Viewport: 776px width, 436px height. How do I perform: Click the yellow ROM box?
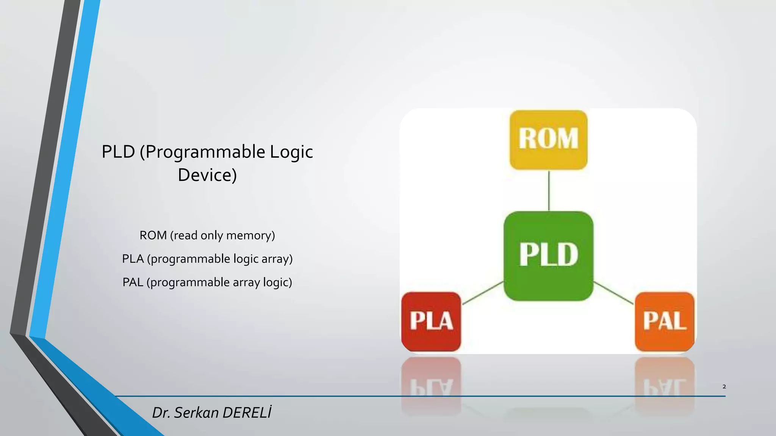tap(548, 140)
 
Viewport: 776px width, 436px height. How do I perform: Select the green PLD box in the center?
tap(548, 256)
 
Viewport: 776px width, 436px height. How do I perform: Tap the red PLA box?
tap(431, 321)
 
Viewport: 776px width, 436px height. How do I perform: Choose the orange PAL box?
tap(665, 321)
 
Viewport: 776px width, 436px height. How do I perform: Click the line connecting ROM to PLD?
tap(549, 190)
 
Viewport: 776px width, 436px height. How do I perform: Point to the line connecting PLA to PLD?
tap(483, 293)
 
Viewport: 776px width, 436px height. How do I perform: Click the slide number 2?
tap(724, 386)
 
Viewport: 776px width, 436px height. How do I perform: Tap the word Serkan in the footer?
tap(197, 413)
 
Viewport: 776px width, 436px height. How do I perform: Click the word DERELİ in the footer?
tap(247, 412)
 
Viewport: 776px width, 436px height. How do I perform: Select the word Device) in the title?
tap(207, 175)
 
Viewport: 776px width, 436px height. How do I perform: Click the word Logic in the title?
tap(291, 152)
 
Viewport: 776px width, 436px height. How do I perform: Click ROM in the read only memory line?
tap(153, 235)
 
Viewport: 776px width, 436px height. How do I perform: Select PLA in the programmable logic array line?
tap(133, 259)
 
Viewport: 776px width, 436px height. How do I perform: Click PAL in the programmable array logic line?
tap(133, 282)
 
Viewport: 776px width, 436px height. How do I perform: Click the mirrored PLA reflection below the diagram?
tap(431, 386)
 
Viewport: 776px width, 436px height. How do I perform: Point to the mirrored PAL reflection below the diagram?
tap(665, 386)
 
